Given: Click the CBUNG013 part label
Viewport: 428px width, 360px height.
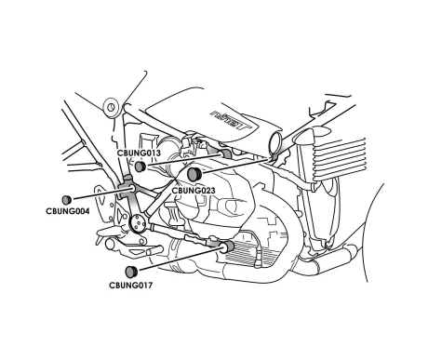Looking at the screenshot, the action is point(139,153).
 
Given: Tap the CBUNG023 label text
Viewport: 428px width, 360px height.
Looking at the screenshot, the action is point(194,191).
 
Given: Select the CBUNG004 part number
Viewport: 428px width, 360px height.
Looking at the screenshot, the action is point(68,211).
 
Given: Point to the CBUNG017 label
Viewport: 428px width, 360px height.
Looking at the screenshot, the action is point(130,286).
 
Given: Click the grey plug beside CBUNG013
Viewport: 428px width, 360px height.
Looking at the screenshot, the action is point(140,167).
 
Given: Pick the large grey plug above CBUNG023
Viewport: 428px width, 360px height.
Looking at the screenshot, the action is point(194,175).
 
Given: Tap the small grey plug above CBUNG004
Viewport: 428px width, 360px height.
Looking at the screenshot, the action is point(67,199).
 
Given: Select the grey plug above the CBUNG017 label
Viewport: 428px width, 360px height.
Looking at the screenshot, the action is point(131,272).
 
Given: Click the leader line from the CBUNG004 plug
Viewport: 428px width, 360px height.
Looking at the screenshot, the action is point(101,193).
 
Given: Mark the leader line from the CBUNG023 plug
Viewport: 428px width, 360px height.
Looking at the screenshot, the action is point(234,166).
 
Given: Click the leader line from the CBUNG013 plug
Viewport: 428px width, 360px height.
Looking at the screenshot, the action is point(185,159).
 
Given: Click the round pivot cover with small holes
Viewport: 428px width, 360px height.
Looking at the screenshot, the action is point(137,222).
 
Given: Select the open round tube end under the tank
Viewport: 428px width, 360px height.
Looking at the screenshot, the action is point(276,142).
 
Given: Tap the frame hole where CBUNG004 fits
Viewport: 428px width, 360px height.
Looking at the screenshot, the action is point(131,188).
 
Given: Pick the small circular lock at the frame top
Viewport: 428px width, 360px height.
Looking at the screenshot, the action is point(111,107).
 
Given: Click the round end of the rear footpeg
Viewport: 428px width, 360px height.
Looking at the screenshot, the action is point(110,244).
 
